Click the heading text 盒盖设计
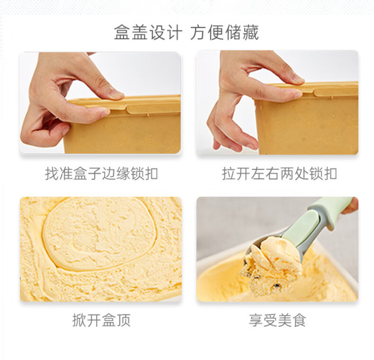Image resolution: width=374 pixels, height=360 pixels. click(x=148, y=32)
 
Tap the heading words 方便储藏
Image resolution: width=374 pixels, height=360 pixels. click(x=224, y=32)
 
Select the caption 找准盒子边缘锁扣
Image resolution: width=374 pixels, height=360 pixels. click(x=102, y=173)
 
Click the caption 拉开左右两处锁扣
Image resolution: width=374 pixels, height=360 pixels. click(x=279, y=173)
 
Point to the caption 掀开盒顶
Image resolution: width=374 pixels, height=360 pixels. click(x=102, y=320)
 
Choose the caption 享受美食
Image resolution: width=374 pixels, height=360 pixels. click(x=277, y=320)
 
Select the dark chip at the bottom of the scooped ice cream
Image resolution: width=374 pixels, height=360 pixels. click(x=277, y=285)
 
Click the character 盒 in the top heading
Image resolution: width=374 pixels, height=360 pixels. click(x=122, y=32)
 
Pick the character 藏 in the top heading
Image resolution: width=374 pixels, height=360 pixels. click(x=251, y=32)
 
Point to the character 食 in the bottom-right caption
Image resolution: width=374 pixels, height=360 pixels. click(x=299, y=320)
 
